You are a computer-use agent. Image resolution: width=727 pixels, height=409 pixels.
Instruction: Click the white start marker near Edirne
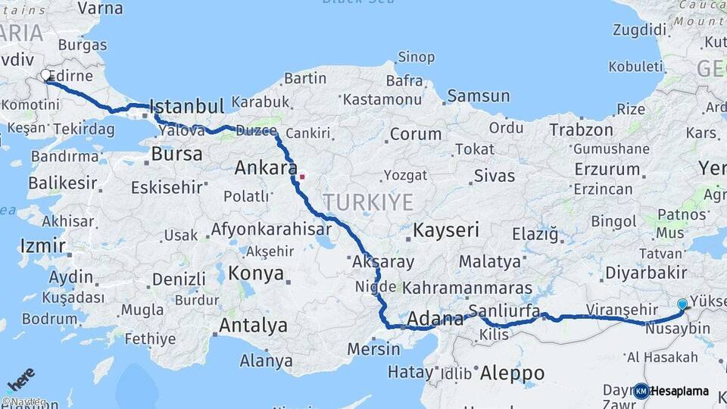pos(47,76)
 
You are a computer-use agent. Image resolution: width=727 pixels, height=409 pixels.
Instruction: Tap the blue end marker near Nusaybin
pos(682,304)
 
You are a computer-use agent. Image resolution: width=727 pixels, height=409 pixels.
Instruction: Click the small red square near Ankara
pos(302,177)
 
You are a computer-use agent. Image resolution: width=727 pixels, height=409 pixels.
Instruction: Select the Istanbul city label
pos(187,106)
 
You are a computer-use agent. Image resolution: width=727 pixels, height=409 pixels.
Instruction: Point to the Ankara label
pos(264,167)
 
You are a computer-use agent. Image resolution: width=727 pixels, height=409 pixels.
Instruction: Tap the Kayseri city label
pos(447,230)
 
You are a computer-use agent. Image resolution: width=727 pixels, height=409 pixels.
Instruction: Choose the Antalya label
pos(253,326)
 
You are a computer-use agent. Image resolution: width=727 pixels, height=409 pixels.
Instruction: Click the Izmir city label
pos(42,246)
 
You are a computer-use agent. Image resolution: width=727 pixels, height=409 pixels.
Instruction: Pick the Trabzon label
pos(581,130)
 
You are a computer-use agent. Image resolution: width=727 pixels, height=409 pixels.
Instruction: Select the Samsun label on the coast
pos(478,96)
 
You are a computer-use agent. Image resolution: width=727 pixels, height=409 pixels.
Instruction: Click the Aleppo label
pos(512,373)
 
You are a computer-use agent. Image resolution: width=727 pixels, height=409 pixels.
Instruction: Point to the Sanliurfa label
pos(504,311)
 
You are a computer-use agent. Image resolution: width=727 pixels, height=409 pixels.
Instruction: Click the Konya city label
pos(256,273)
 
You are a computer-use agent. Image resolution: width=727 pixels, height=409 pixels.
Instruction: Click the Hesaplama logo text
pos(680,391)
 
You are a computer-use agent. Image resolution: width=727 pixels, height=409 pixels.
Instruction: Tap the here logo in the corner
pos(20,378)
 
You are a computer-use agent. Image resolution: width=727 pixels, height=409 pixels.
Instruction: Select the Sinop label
pos(417,58)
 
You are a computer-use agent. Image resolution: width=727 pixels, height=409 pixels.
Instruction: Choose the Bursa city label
pos(176,155)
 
